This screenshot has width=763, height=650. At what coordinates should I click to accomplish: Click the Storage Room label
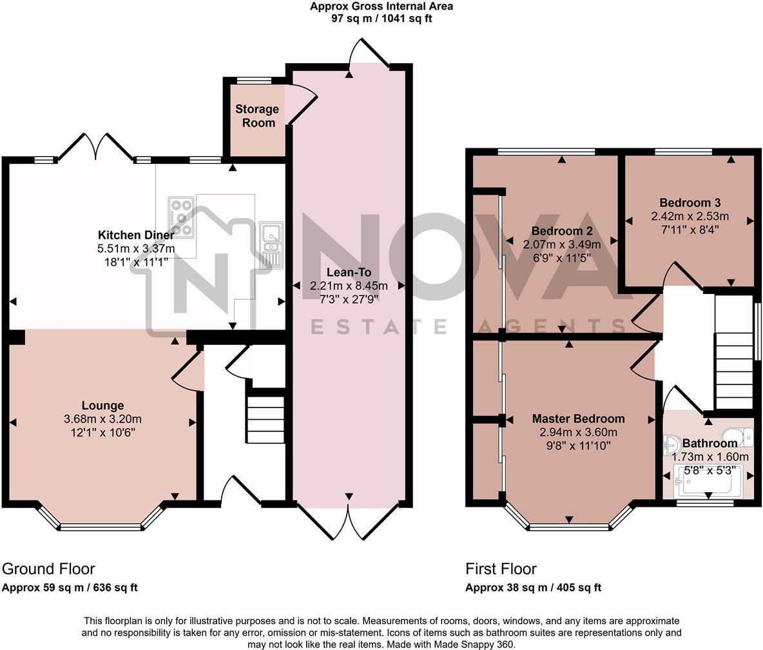pos(256,116)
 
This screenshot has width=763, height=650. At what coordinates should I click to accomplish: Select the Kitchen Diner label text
pos(135,235)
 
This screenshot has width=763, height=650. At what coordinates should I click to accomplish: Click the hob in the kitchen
pos(181,215)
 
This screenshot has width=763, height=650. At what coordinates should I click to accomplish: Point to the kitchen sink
pos(271,245)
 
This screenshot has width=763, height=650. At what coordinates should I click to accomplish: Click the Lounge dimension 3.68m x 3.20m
pos(102,419)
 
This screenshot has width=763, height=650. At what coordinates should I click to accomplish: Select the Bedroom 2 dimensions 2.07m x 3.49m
pos(561,245)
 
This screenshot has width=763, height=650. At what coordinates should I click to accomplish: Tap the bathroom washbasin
pos(671,444)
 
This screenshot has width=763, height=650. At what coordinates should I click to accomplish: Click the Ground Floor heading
pos(48,569)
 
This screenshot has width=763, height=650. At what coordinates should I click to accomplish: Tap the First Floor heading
pos(501,569)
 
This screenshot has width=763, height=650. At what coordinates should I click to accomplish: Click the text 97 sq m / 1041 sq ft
pos(381,19)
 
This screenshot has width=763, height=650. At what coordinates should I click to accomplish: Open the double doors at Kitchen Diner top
pos(96,147)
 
